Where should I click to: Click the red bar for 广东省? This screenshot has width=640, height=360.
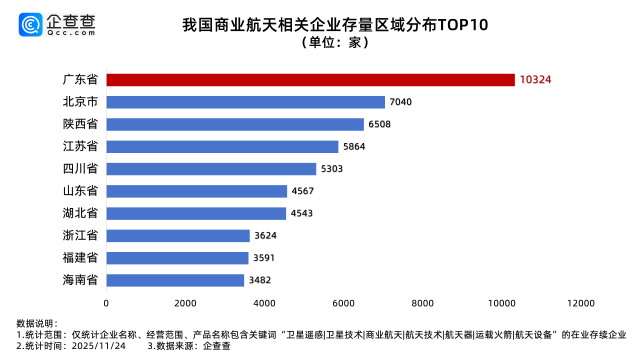tap(310, 79)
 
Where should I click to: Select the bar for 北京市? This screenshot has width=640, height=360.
tap(245, 102)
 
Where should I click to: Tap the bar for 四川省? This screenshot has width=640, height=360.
tap(211, 169)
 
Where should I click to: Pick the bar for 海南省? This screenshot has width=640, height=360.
tap(175, 280)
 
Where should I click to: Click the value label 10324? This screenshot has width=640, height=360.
tap(536, 79)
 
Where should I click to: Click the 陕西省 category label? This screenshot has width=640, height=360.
tap(79, 124)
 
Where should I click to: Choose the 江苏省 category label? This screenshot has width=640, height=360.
tap(79, 146)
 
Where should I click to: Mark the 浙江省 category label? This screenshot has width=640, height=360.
tap(79, 235)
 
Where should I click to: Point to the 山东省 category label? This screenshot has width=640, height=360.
tap(79, 191)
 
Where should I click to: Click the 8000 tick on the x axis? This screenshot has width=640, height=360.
tap(422, 302)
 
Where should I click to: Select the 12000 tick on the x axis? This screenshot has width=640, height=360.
tap(580, 302)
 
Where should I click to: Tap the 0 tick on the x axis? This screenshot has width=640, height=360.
tap(106, 302)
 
